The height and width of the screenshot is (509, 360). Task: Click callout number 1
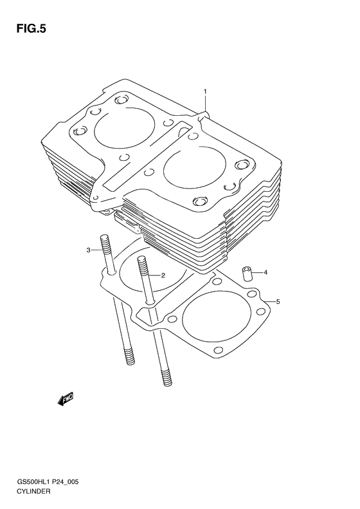[205, 92]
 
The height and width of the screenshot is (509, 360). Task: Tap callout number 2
[163, 275]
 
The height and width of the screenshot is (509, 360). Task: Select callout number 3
[89, 250]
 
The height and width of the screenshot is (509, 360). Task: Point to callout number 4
[265, 272]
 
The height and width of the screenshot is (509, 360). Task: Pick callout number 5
[278, 301]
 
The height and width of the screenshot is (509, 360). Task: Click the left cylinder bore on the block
[121, 132]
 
